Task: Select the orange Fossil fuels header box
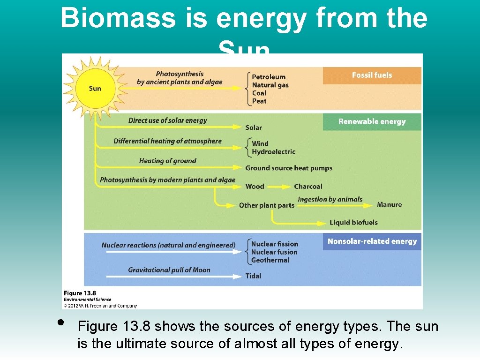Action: coord(372,75)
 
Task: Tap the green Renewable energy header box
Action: coord(372,121)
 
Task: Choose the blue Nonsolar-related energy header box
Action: coord(372,241)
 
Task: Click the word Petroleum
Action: coord(269,77)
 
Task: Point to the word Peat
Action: coord(259,101)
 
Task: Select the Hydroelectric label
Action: coord(274,152)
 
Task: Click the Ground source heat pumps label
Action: coord(289,168)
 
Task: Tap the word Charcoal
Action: coord(308,187)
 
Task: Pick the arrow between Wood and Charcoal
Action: coord(279,187)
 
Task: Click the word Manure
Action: coord(389,205)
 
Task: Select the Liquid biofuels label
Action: coord(353,223)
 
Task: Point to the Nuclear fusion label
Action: coord(274,252)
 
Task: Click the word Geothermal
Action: coord(270,260)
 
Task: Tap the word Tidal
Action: coord(254,276)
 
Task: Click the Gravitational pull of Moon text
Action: coord(169,270)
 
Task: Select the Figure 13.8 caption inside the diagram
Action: coord(79,293)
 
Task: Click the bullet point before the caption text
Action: coord(60,322)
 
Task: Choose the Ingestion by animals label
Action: coord(330,199)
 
